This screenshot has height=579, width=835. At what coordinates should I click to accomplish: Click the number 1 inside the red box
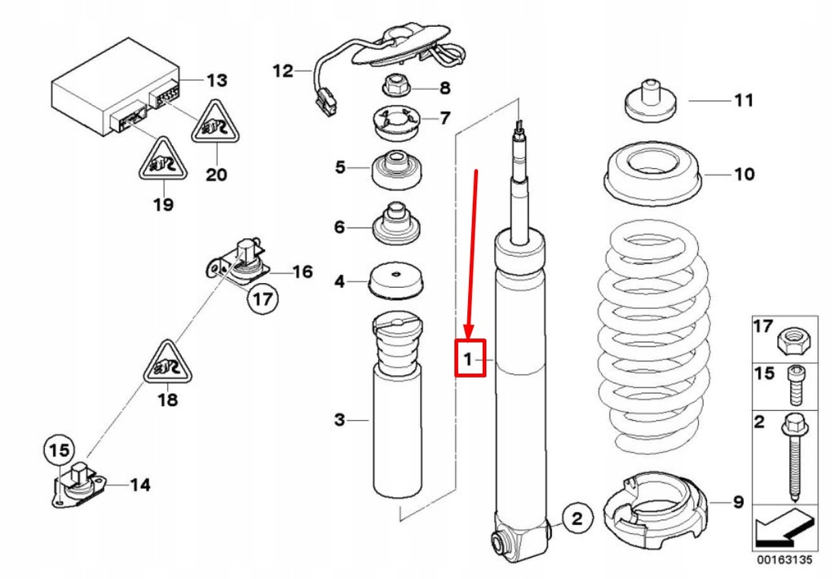(x=469, y=358)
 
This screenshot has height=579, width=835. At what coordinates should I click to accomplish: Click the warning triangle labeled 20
(x=216, y=125)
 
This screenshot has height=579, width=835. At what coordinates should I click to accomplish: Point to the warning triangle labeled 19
(x=161, y=160)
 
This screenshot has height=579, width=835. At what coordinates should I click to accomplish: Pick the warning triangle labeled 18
(x=167, y=363)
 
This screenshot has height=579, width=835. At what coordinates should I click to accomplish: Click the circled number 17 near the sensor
(x=261, y=299)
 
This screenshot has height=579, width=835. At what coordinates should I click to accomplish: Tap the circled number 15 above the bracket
(x=58, y=449)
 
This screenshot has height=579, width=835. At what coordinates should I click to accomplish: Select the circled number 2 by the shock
(x=575, y=518)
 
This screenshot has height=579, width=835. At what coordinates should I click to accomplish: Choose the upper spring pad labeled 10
(x=652, y=175)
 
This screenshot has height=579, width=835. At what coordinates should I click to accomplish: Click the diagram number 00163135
(x=783, y=561)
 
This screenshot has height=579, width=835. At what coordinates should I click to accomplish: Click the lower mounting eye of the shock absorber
(x=500, y=541)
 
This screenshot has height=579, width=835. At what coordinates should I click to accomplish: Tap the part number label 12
(x=282, y=71)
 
